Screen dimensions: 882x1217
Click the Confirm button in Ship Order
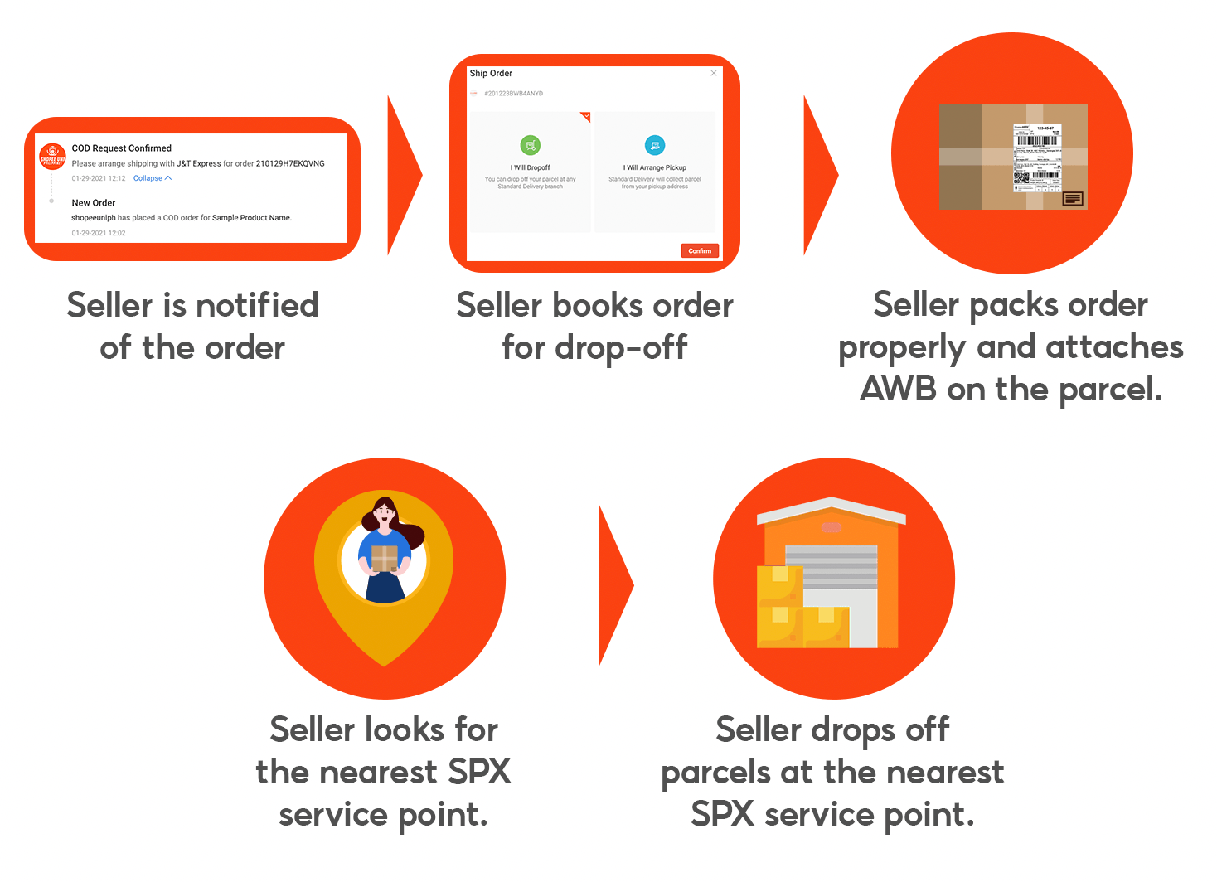pos(700,250)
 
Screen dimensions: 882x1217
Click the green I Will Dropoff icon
pos(531,145)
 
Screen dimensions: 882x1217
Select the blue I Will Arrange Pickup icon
pos(655,145)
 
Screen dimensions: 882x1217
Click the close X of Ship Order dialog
pos(713,73)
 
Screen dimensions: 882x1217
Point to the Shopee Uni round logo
pos(52,157)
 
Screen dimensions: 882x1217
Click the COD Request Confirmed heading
pos(122,148)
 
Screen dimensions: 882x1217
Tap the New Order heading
pos(94,203)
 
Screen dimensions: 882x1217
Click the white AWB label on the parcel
pos(1037,157)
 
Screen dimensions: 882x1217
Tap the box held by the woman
pos(384,557)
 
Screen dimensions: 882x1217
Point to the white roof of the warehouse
pos(832,507)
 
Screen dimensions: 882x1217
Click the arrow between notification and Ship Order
pos(404,175)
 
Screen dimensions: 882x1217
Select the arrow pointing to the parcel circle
pos(820,175)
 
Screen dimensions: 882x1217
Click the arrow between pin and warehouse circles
pos(615,585)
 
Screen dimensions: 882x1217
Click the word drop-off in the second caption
pos(621,347)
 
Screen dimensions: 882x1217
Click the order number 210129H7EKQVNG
pos(290,163)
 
